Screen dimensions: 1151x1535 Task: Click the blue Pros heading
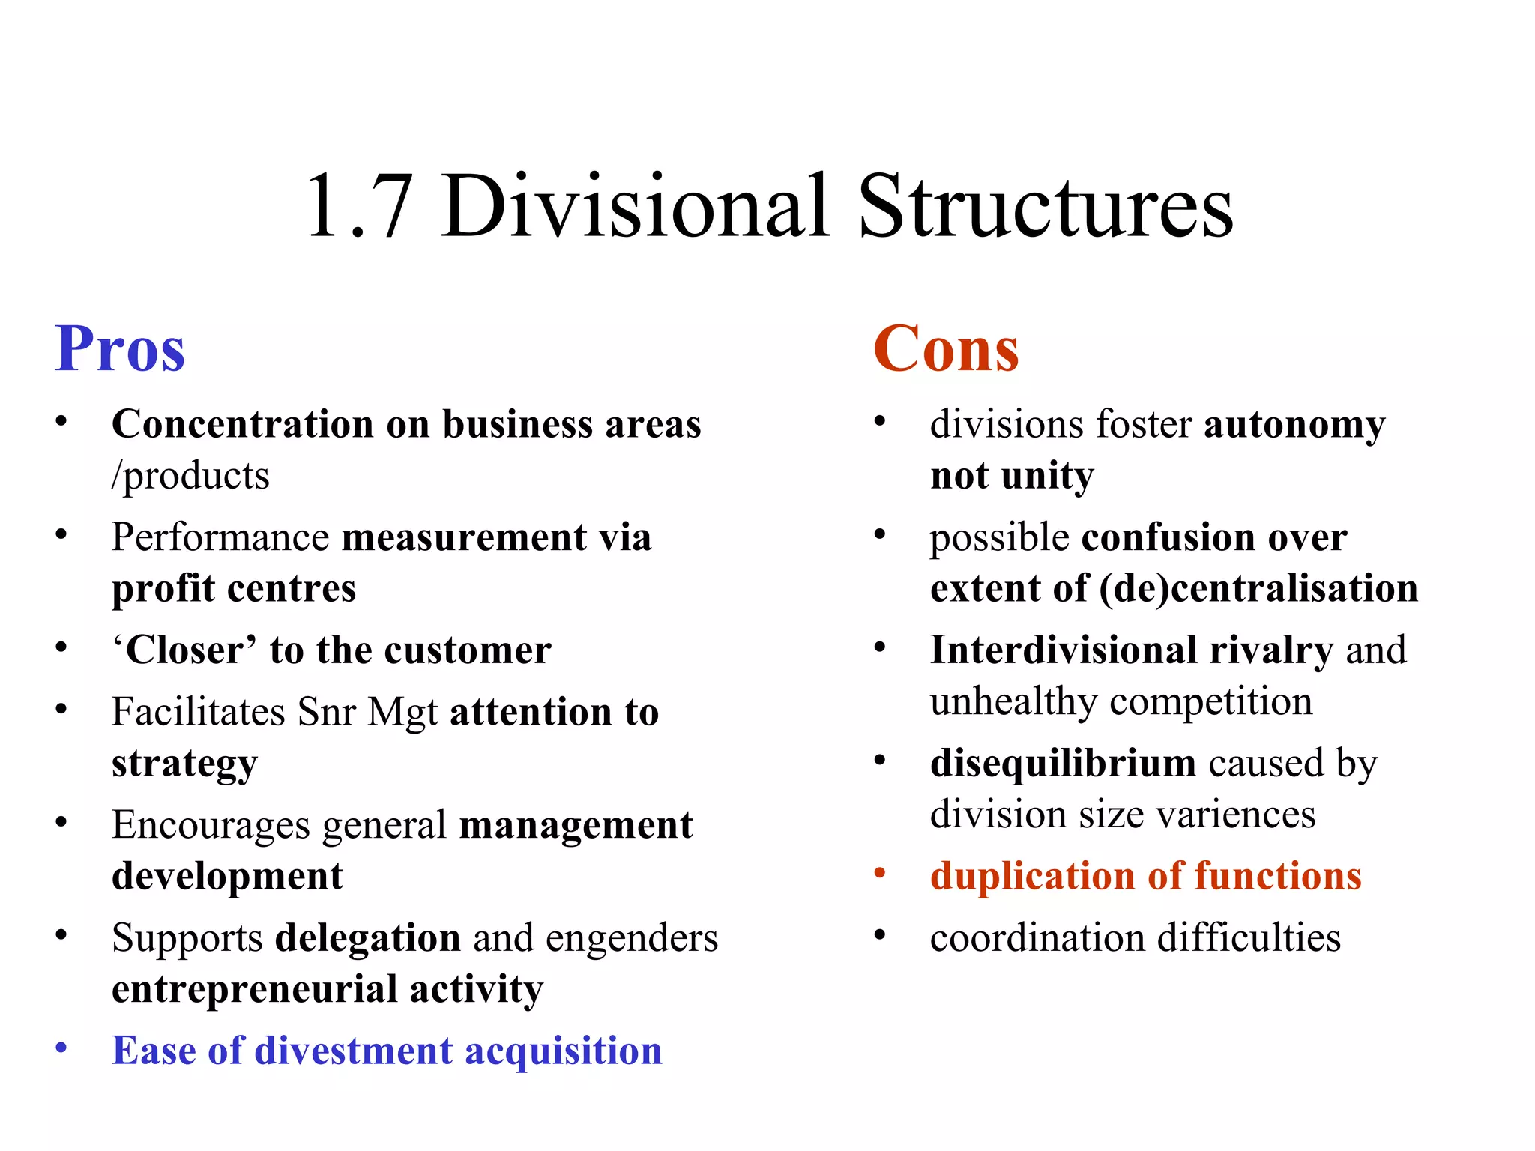[120, 349]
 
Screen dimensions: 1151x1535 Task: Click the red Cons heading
[946, 349]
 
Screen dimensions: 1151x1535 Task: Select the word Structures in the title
[1045, 206]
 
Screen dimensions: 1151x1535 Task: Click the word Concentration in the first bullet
[243, 425]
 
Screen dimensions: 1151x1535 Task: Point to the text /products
[190, 476]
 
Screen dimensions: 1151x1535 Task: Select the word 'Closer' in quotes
[184, 650]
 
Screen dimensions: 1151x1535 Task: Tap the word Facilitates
[198, 712]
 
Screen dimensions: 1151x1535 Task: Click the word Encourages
[211, 826]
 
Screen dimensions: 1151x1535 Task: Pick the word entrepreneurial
[254, 989]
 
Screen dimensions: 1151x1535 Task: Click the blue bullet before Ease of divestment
[61, 1048]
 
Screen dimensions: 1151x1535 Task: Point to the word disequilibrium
[1063, 764]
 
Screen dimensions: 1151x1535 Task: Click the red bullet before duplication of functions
[880, 873]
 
